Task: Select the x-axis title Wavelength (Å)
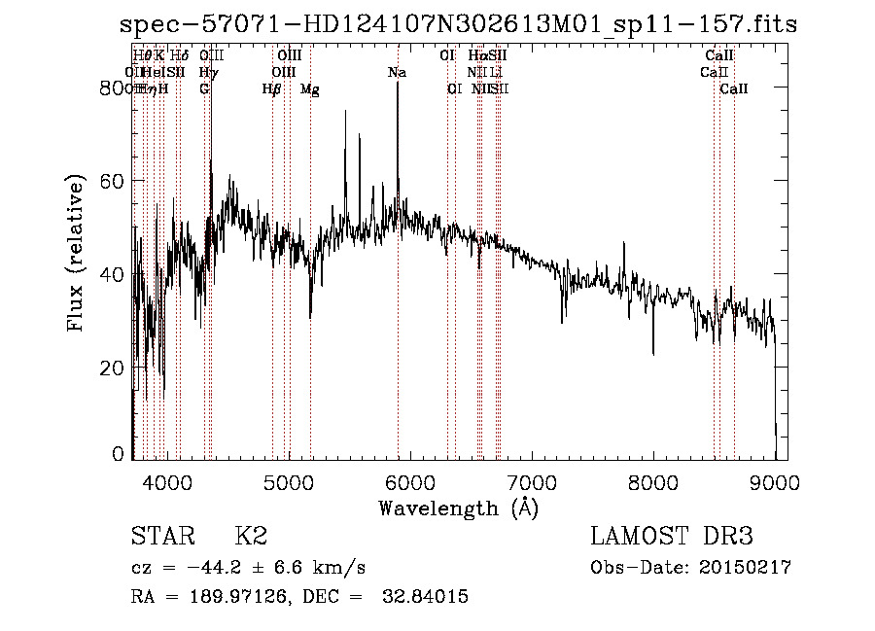pos(458,508)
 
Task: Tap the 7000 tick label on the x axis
pos(531,481)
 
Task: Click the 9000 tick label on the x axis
pos(775,481)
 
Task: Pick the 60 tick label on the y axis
pos(113,181)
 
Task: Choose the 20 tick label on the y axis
pos(113,368)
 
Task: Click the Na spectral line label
pos(397,73)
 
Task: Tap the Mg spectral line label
pos(310,89)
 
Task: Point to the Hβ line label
pos(272,89)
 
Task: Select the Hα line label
pos(476,56)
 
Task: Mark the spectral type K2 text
pos(250,537)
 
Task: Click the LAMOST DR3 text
pos(671,537)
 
